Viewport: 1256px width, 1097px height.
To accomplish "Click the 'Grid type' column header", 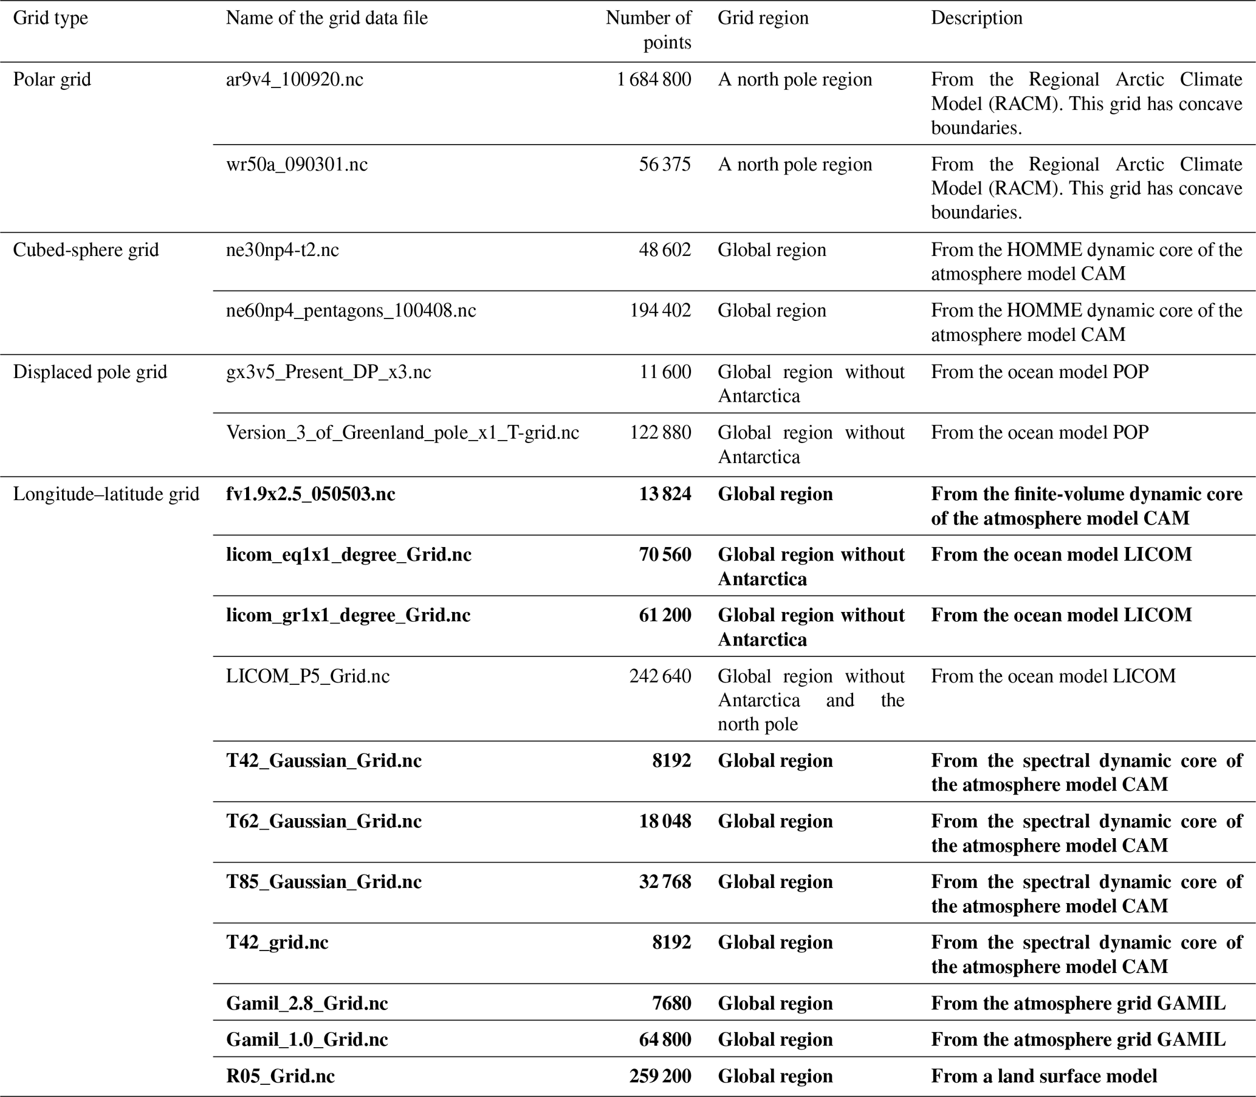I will coord(50,18).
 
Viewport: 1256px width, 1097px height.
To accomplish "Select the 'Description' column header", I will coord(976,18).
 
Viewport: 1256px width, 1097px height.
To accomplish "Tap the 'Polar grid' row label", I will coord(52,80).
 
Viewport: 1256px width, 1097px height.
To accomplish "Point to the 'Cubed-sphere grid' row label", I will coord(86,250).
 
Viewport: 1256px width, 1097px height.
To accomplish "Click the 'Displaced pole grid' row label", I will coord(90,372).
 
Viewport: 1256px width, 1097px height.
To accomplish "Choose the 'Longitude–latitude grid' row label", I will coord(106,494).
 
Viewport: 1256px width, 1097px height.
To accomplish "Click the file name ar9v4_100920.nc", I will coord(295,80).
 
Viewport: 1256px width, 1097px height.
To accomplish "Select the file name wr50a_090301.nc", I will coord(297,164).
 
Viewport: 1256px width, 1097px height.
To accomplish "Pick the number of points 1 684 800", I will coord(654,80).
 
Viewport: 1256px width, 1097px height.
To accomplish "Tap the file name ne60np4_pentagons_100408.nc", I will coord(351,311).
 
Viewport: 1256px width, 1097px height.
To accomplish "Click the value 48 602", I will coord(665,250).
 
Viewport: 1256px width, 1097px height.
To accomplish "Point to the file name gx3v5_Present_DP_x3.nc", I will coord(329,372).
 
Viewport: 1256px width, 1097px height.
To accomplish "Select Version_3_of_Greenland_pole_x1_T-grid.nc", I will coord(403,433).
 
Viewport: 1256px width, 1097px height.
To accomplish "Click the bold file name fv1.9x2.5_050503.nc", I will coord(311,494).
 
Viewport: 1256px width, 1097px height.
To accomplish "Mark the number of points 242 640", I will coord(660,676).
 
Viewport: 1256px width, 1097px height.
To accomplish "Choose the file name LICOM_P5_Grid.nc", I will coord(308,676).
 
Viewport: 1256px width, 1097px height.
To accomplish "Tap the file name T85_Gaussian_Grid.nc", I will coord(324,881).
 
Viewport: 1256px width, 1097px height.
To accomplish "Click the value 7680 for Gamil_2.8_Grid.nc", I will coord(671,1003).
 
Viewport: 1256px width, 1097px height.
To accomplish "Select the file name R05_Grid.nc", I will coord(280,1076).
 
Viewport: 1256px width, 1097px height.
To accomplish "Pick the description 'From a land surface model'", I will coord(1043,1076).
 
